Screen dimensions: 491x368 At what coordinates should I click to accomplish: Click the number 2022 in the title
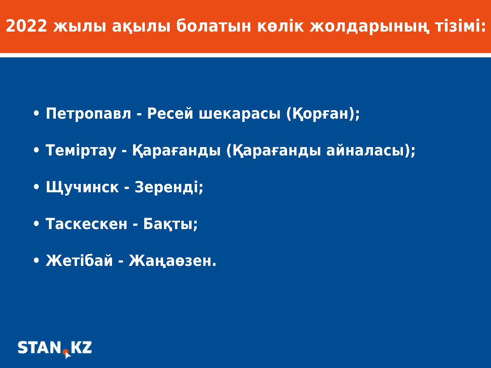coord(26,26)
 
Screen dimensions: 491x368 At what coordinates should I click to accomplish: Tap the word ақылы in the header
coord(141,26)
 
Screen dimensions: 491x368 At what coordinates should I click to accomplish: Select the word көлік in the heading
coord(280,26)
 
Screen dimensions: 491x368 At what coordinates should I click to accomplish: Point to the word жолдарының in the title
coord(369,27)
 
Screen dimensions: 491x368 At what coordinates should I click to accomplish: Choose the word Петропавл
coord(88,114)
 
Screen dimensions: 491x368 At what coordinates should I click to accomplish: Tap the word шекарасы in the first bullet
coord(240,114)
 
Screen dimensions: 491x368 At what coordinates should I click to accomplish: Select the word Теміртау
coord(81,150)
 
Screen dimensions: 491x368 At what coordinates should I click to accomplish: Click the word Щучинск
coord(82,187)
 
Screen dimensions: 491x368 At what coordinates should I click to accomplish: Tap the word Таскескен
coord(86,224)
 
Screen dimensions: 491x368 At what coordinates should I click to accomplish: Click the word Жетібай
coord(79,261)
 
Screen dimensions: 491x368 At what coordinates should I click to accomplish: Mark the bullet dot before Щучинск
coord(36,187)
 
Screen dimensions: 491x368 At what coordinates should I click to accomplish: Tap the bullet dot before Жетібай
coord(36,261)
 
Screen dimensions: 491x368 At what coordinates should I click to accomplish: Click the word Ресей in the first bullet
coord(170,113)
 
